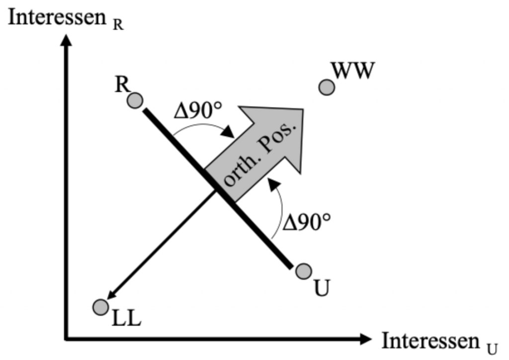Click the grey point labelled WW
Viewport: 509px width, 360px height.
(x=326, y=88)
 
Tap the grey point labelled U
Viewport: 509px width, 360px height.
(x=303, y=271)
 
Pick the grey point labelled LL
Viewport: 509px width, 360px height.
(x=100, y=307)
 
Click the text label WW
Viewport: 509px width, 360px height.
(x=352, y=71)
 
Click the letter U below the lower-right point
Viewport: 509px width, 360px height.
(x=322, y=288)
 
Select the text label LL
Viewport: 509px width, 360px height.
(x=126, y=319)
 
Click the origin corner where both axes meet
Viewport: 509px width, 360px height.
(x=66, y=339)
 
